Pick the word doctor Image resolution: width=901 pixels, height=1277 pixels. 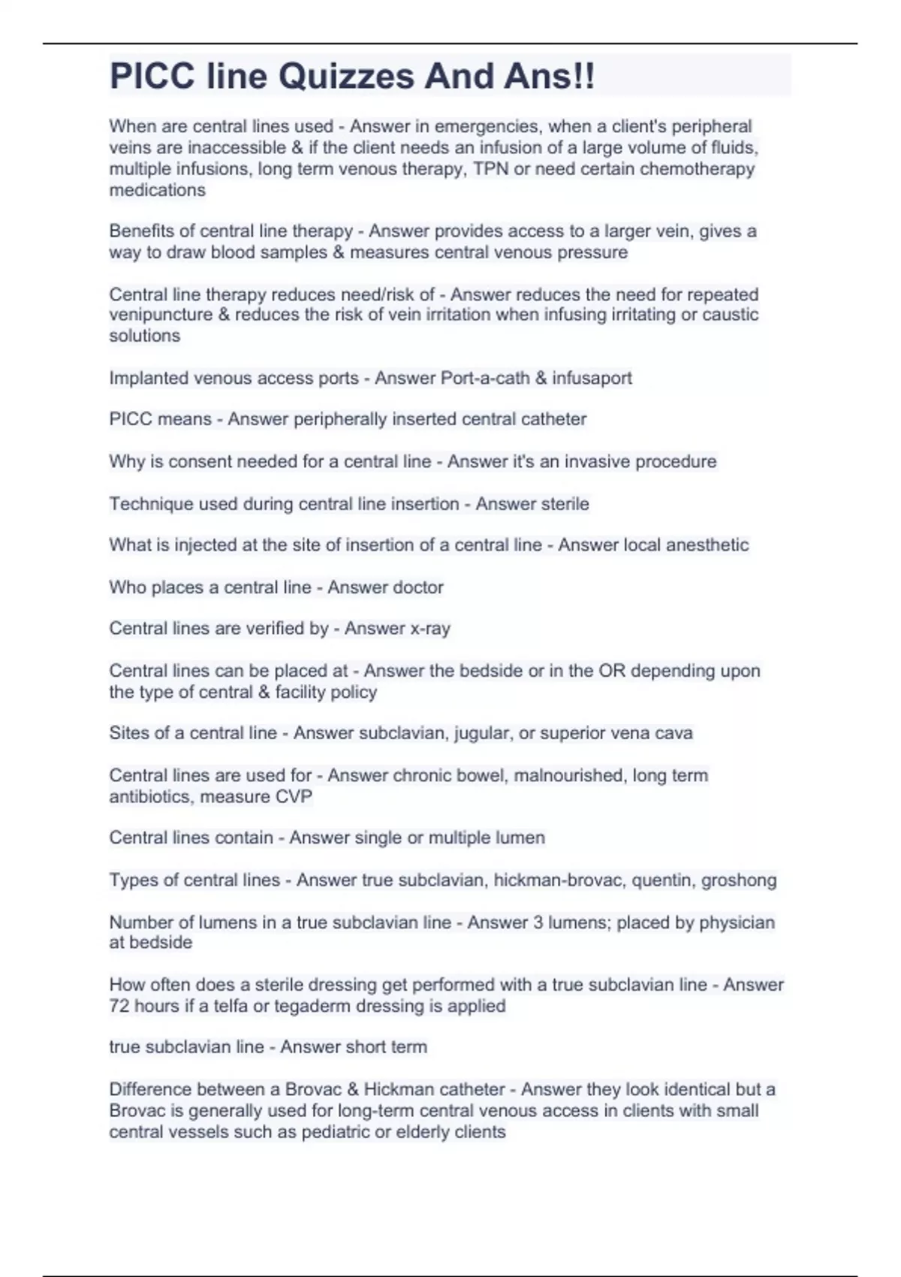click(417, 587)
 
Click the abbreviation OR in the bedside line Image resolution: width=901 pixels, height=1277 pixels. click(611, 671)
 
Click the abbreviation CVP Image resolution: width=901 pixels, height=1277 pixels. click(293, 796)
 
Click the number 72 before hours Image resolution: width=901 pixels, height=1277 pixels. click(119, 1006)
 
